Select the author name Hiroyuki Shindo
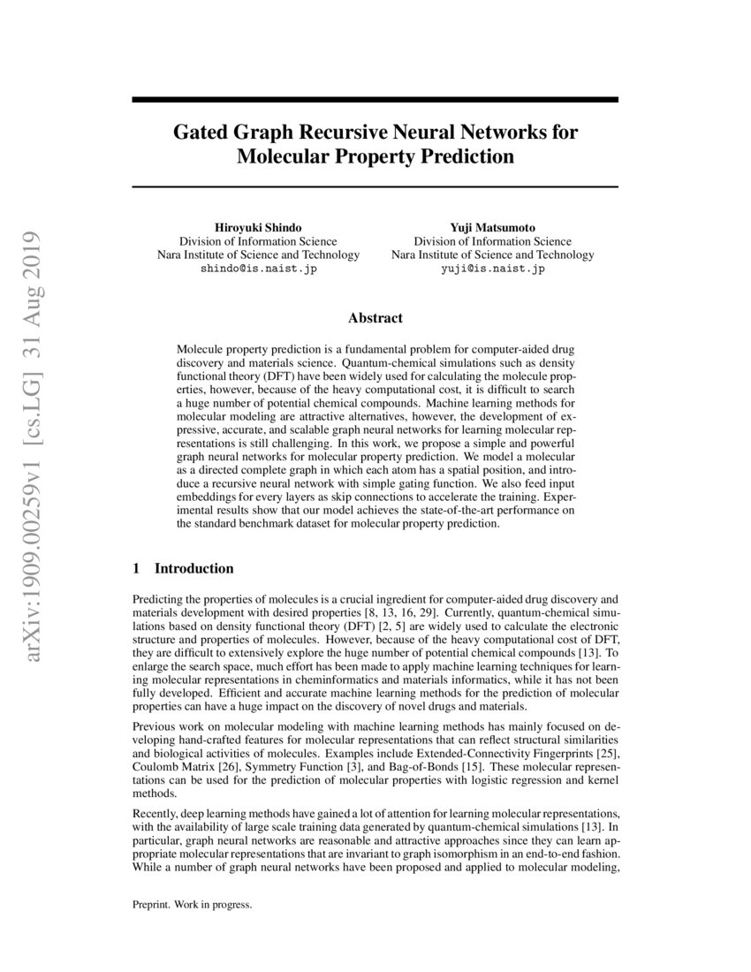[x=258, y=227]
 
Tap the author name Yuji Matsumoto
[x=493, y=227]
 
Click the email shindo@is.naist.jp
[x=258, y=270]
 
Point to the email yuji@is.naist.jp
[x=493, y=270]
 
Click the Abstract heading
[x=375, y=318]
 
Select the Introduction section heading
[x=193, y=568]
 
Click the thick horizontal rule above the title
[x=375, y=100]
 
